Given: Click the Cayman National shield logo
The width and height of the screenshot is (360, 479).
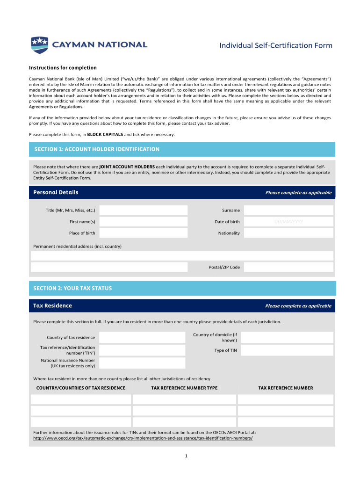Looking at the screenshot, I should pos(39,45).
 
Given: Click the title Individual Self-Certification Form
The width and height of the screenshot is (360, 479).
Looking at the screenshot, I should pos(276,45).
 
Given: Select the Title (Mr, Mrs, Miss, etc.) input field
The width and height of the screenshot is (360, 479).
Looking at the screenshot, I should pos(143,210).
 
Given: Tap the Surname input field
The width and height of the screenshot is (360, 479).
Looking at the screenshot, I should pos(288,210).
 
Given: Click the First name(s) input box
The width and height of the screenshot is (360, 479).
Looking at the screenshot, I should pos(143,222).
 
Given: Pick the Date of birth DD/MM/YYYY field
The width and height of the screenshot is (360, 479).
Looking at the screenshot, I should pos(288,222).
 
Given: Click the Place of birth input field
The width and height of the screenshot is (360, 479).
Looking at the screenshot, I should pos(143,233).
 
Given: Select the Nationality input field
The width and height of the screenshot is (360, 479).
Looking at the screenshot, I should pos(288,233).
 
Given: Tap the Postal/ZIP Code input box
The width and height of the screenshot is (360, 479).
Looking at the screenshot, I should pos(288,267).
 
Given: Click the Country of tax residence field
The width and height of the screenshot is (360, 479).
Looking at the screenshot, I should pos(142,337).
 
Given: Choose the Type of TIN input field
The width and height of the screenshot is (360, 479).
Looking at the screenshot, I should pos(287,350).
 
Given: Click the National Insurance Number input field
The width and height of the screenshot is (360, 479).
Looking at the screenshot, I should pos(142,363).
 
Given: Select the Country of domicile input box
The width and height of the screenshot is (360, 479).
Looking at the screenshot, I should pos(287,337).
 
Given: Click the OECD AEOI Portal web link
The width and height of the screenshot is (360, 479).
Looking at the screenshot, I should pos(143,439).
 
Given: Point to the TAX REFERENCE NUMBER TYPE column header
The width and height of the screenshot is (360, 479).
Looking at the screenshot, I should pos(184,388).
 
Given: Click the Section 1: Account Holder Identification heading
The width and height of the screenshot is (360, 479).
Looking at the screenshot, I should pos(97,149).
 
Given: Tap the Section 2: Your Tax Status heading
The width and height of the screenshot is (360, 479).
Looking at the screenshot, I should pos(73,288).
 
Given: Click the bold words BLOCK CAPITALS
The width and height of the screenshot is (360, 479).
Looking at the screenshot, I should pos(105,135).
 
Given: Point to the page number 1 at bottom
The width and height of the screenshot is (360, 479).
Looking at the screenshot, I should pos(186,457).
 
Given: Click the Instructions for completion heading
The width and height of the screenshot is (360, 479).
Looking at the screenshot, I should pos(63,68).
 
